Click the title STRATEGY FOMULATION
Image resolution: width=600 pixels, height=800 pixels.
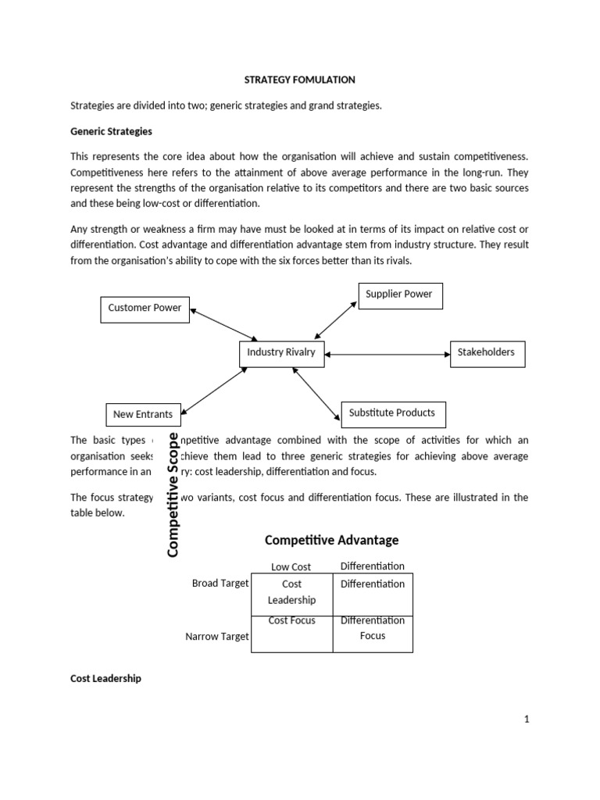click(x=300, y=80)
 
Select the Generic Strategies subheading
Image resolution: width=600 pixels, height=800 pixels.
click(x=111, y=131)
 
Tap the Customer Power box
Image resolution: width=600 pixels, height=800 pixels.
click(x=145, y=309)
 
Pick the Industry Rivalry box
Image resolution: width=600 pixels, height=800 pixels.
click(x=281, y=353)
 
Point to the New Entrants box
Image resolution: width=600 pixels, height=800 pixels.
click(x=143, y=414)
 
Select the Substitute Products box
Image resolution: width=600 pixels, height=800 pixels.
click(x=393, y=413)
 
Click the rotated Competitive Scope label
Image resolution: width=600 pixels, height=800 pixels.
click(x=173, y=495)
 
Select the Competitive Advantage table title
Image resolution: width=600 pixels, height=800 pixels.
click(x=332, y=540)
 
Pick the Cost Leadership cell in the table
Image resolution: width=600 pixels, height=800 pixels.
click(x=291, y=592)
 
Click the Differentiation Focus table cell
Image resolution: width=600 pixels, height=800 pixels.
click(x=373, y=629)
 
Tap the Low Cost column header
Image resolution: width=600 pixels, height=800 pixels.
click(x=291, y=566)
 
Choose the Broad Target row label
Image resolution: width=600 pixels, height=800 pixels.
click(x=220, y=583)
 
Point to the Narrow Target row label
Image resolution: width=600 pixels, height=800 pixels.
click(x=217, y=637)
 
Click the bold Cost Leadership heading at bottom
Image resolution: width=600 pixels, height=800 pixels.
click(x=105, y=679)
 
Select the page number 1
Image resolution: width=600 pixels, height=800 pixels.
click(x=527, y=720)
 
